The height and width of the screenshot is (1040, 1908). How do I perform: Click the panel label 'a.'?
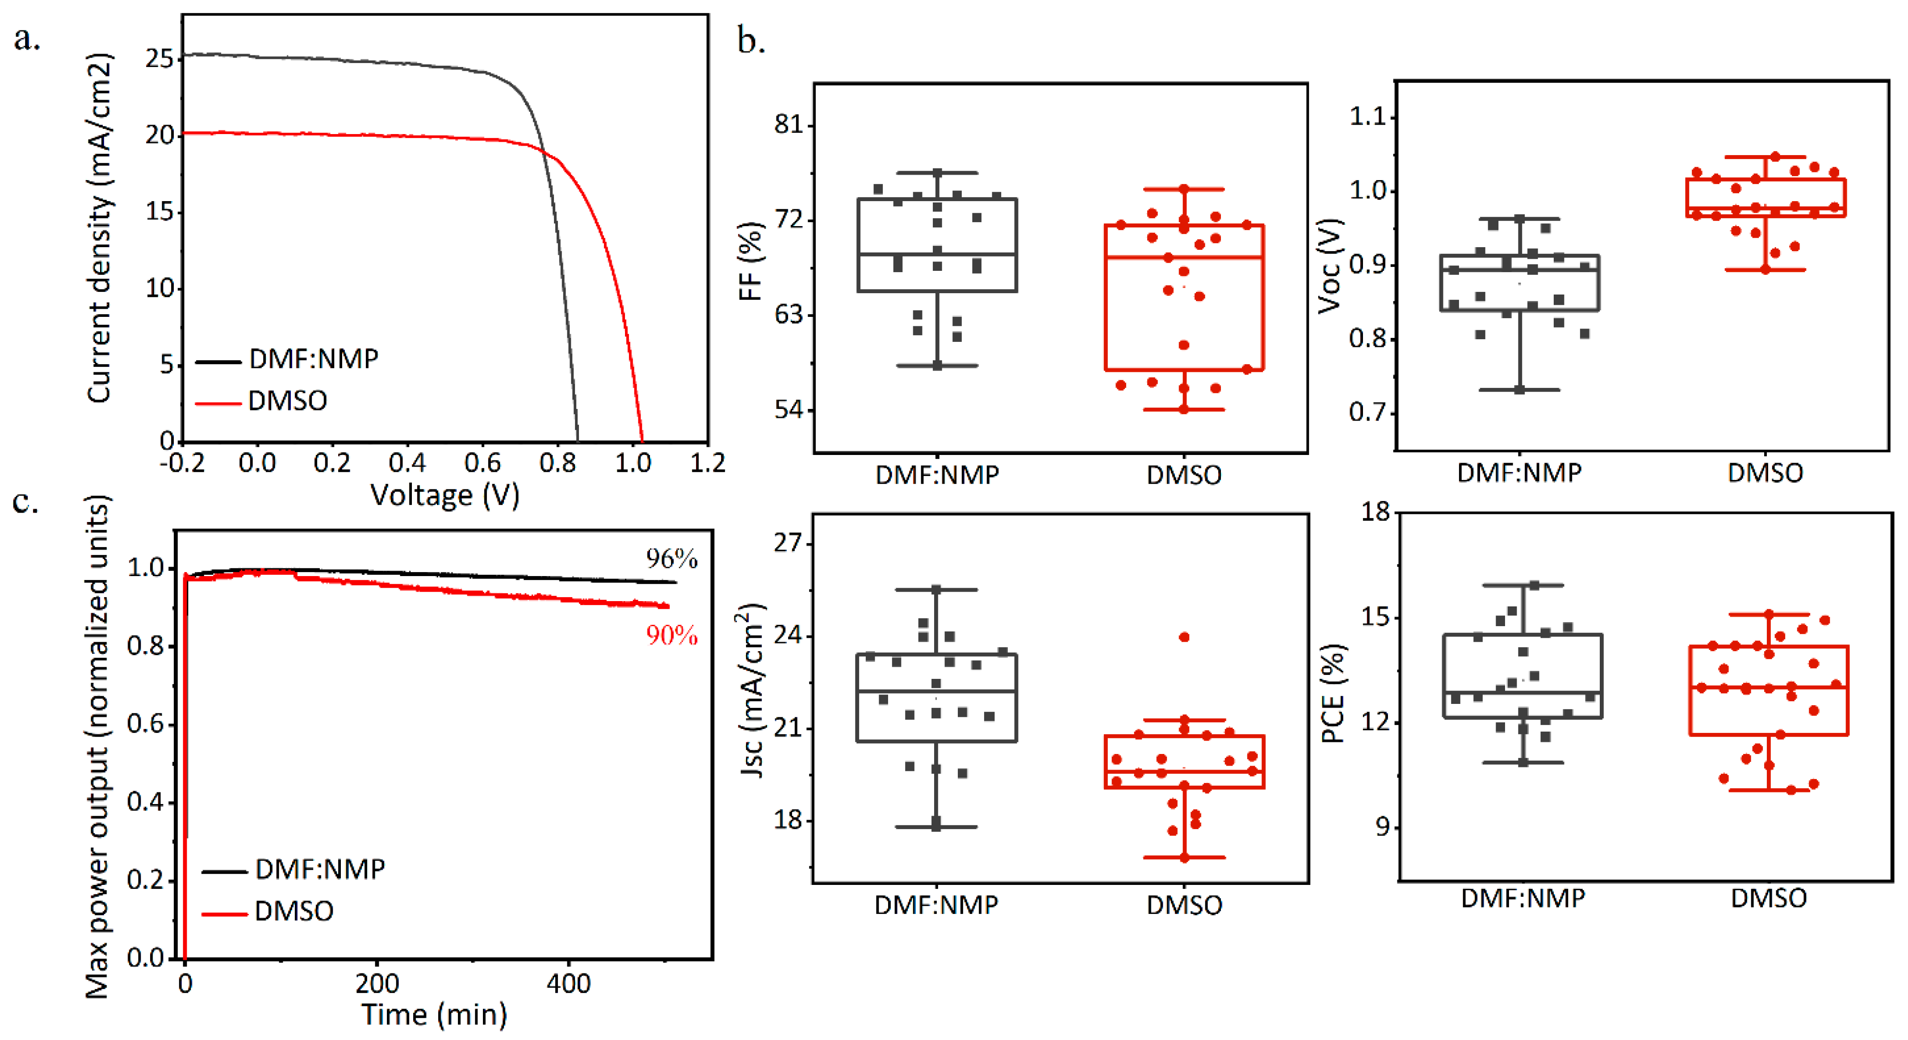tap(27, 38)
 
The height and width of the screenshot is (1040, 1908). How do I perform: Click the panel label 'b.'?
tap(751, 40)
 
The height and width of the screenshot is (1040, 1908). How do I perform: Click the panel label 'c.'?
tap(25, 502)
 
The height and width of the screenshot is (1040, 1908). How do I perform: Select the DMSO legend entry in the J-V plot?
tap(287, 401)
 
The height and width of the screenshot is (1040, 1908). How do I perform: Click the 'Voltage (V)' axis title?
tap(445, 495)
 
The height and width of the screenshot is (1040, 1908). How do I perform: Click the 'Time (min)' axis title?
tap(434, 1014)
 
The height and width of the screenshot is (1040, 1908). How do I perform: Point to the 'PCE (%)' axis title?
tap(1333, 693)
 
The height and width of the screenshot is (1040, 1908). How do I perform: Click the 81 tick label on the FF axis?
tap(789, 124)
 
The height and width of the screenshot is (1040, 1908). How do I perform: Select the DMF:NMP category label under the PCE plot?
tap(1522, 898)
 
